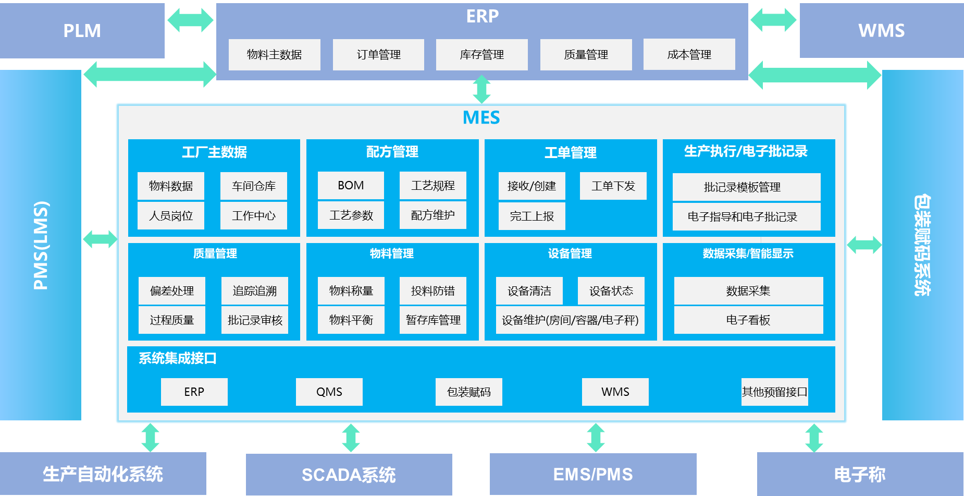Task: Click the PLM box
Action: (82, 31)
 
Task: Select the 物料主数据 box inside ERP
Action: (274, 55)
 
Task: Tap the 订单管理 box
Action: (378, 55)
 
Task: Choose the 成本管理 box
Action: (689, 55)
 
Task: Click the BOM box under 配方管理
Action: (351, 186)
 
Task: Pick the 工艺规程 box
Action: (432, 186)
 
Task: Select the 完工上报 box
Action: (532, 216)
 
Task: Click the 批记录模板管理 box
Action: (746, 187)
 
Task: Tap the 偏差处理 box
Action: (171, 291)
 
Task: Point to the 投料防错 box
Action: (432, 291)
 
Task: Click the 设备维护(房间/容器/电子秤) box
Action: (570, 320)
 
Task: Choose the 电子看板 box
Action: (748, 320)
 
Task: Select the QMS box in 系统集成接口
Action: (329, 392)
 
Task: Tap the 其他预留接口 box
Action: (774, 392)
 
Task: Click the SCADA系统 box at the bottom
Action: (349, 475)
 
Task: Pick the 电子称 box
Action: (860, 475)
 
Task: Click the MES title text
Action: (481, 118)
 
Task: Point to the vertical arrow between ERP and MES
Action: (481, 89)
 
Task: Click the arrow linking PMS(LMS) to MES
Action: (100, 239)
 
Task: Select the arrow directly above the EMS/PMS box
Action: (596, 437)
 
